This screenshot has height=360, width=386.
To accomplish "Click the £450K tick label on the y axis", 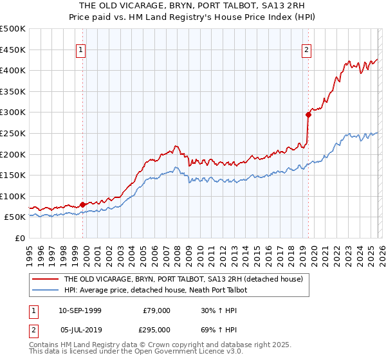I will tap(13, 50).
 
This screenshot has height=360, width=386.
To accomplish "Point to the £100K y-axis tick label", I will tap(13, 196).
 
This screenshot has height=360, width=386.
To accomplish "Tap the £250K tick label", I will tap(13, 133).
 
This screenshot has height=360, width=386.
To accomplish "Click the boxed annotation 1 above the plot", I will tap(82, 50).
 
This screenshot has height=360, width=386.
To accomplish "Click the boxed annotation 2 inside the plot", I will tap(306, 50).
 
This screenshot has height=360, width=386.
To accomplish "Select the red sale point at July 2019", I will tap(308, 114).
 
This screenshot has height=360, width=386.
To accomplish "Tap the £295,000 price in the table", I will tap(157, 328).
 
